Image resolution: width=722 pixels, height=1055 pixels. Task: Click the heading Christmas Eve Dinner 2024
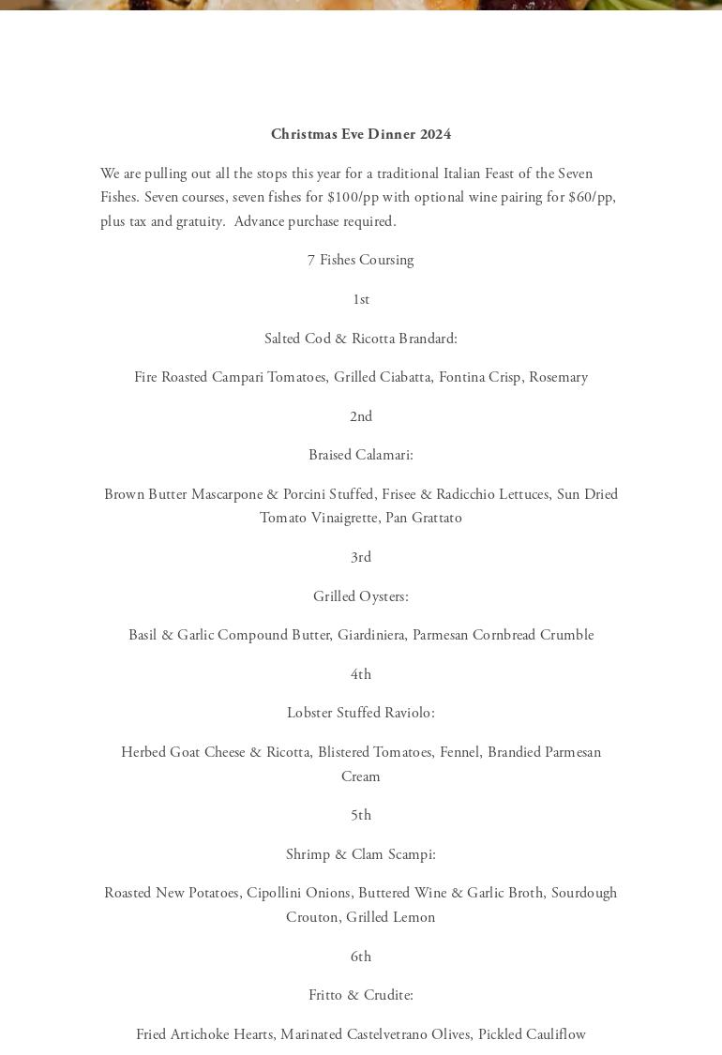coord(361,134)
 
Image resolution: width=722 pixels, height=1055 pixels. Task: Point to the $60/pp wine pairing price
coord(591,198)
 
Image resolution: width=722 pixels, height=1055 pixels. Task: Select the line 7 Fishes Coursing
coord(361,260)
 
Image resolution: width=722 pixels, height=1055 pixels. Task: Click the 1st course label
coord(361,299)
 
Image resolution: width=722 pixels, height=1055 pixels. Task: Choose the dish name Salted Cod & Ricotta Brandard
coord(361,339)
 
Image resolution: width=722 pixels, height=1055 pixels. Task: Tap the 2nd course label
coord(361,416)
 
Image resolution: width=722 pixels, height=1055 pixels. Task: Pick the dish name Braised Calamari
coord(361,455)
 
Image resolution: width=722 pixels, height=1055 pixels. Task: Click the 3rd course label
coord(361,557)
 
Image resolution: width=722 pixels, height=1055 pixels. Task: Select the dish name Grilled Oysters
coord(361,596)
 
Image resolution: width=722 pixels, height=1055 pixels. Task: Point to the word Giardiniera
coord(372,635)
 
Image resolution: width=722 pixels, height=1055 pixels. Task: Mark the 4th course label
coord(361,674)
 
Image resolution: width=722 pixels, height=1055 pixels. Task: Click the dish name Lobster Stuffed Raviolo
coord(361,713)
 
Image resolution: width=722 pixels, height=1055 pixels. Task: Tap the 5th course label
coord(361,815)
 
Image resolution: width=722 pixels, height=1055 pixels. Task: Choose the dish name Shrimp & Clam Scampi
coord(361,854)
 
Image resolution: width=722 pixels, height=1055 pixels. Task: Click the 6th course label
coord(361,957)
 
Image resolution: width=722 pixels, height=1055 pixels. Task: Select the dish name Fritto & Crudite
coord(361,995)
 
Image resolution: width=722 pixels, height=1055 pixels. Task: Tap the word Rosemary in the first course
coord(558,377)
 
